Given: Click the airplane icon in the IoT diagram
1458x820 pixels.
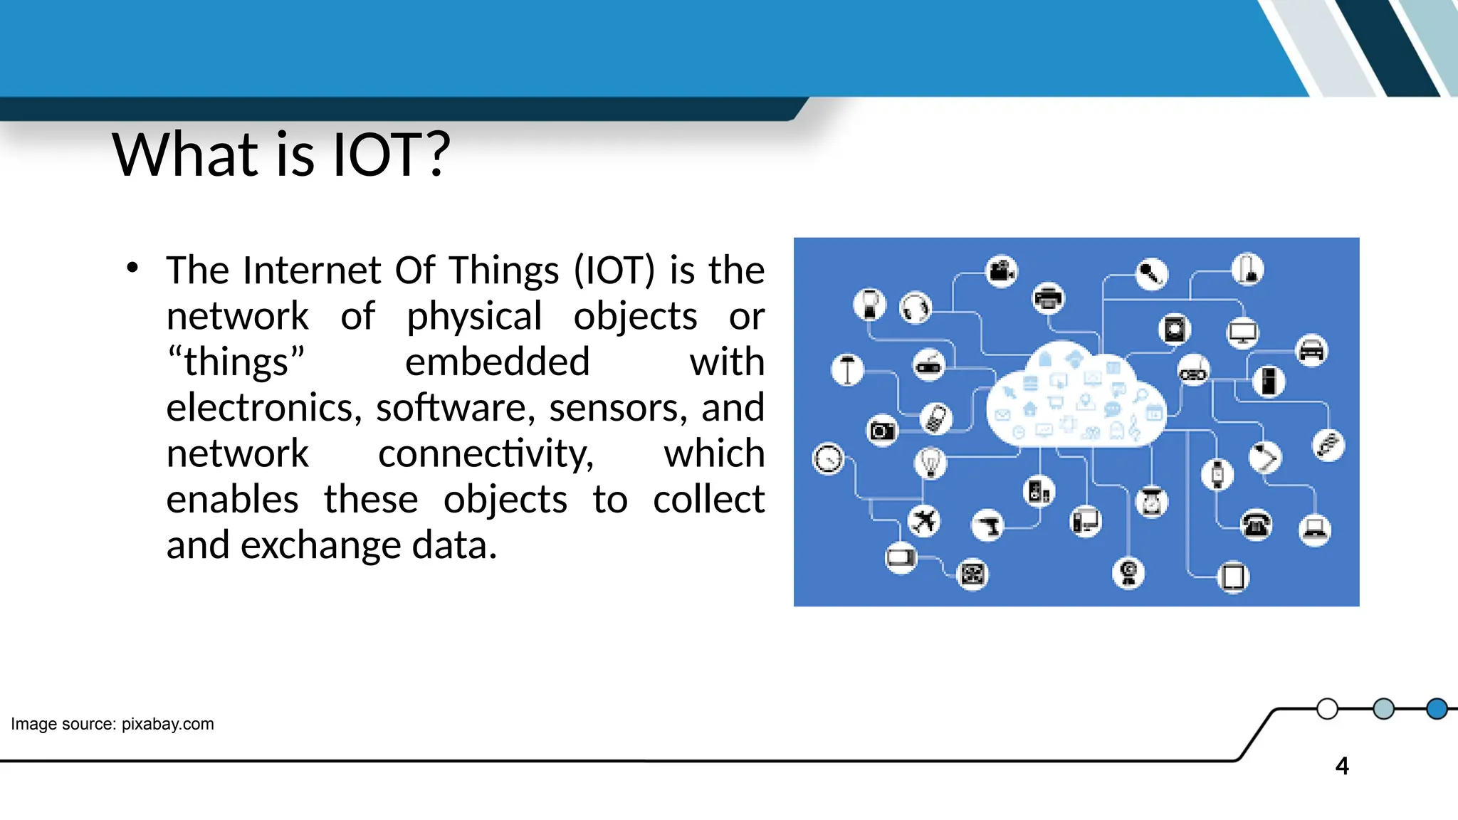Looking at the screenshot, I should pos(924,521).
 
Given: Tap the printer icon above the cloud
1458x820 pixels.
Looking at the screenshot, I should pos(1048,298).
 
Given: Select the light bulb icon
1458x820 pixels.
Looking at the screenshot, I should pos(930,463).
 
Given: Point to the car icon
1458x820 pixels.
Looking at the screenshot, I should pos(1311,350).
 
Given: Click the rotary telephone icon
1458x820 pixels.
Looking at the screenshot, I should pos(1257,525).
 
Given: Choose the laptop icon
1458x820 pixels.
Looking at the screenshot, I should pos(1314,530).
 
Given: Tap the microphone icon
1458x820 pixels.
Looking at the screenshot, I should pos(1151,273).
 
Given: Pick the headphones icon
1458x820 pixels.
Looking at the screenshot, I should pos(916,308).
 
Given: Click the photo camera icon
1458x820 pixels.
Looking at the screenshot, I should pos(882,431).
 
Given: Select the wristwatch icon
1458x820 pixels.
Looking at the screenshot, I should pos(1217,474).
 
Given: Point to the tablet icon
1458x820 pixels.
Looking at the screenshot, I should pos(1233,577).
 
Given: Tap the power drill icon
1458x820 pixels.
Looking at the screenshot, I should pos(988,526).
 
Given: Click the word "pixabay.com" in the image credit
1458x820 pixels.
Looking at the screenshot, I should pos(167,724).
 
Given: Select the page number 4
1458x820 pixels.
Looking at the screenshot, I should pos(1342,766).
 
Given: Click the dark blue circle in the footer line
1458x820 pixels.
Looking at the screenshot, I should pos(1437,709).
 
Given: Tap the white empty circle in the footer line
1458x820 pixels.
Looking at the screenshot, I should pos(1327,709).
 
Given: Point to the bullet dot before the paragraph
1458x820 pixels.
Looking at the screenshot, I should pos(132,268).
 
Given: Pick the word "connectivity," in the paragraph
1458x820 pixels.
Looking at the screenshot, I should pos(486,454).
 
